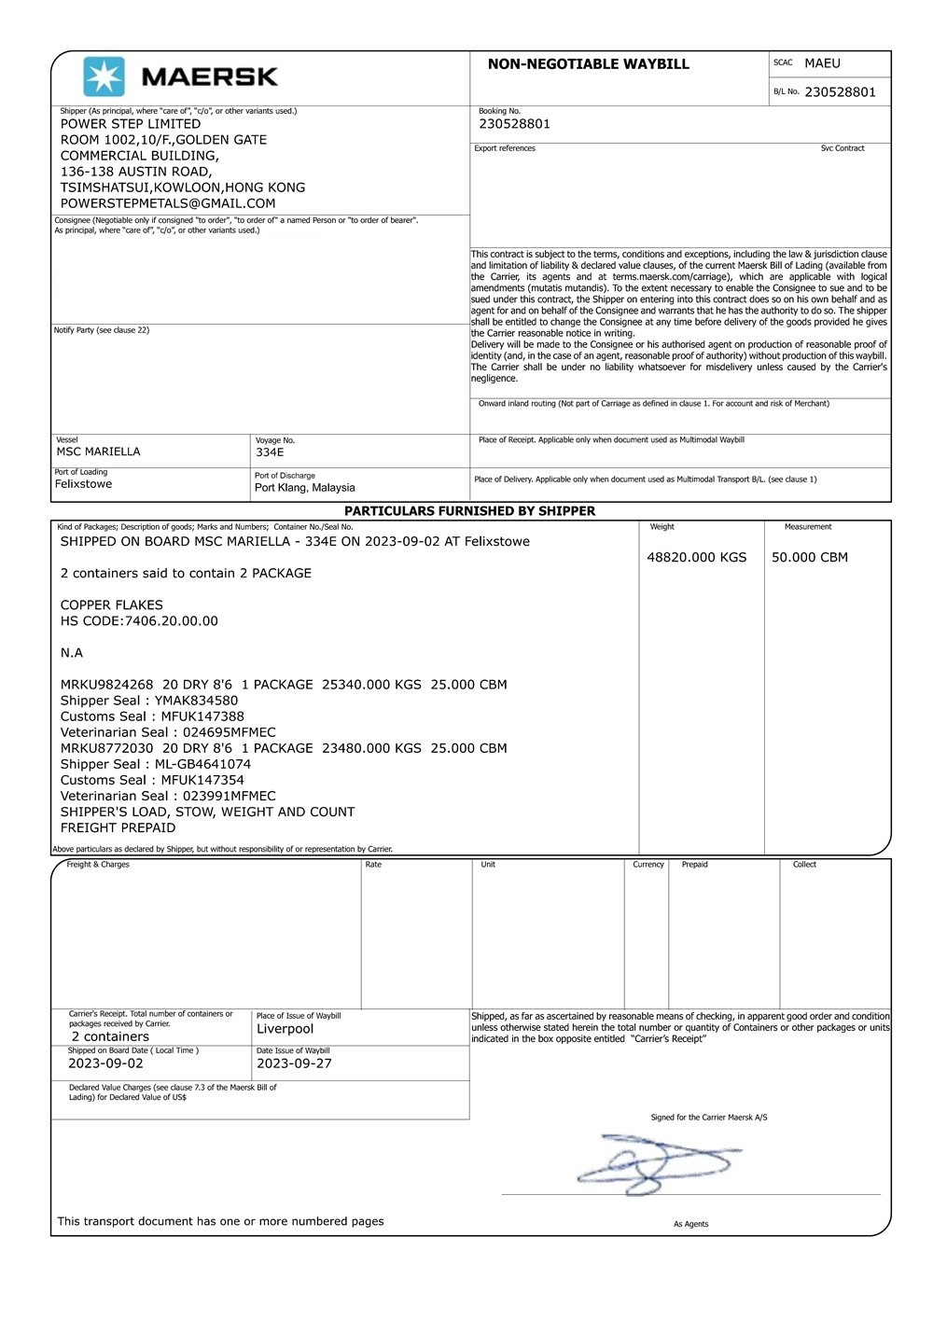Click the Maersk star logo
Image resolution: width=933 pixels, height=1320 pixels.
(x=104, y=76)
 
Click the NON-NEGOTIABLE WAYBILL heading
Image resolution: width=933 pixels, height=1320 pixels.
(x=588, y=64)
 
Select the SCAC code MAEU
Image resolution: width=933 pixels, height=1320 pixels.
(x=822, y=63)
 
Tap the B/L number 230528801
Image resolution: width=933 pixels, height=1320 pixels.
(x=840, y=92)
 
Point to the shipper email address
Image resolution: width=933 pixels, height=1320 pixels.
(x=168, y=203)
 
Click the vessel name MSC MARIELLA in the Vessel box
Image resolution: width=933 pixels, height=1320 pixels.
(x=98, y=452)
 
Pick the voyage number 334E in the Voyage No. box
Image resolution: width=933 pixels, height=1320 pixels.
(x=270, y=452)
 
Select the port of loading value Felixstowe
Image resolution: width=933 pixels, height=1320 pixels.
(x=83, y=484)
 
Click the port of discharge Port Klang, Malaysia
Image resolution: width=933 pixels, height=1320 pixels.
(x=304, y=488)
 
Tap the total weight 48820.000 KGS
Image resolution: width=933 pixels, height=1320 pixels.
(x=696, y=558)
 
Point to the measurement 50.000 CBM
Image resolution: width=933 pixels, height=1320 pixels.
(x=809, y=558)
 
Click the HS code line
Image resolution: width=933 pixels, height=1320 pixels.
(x=139, y=621)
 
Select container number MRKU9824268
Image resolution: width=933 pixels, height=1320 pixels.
(x=106, y=685)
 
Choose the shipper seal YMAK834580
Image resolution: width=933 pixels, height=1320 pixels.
(x=196, y=701)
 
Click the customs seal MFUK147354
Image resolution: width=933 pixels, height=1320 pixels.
(x=202, y=780)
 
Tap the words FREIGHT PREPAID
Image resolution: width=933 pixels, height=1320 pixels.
(x=118, y=827)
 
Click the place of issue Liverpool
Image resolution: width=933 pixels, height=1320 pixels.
(x=285, y=1029)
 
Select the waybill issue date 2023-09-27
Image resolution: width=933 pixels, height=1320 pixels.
(x=294, y=1063)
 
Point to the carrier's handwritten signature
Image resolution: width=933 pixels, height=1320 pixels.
(x=658, y=1162)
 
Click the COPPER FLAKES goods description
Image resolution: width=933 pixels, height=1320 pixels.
(x=111, y=605)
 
